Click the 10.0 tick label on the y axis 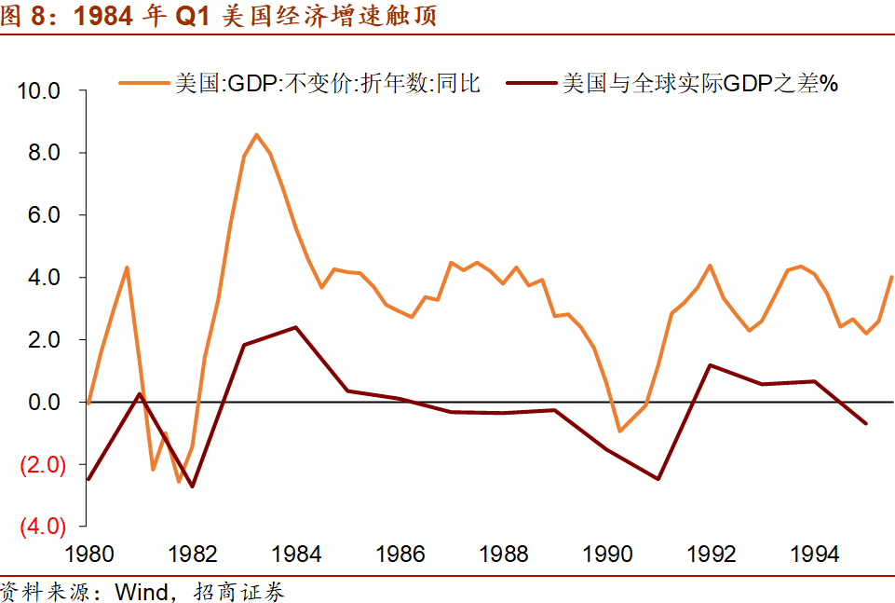pos(39,90)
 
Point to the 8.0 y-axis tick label pos(44,153)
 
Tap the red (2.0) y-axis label pos(43,465)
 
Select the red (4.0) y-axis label pos(43,526)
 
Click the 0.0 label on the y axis pos(44,402)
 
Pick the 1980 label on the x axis pos(89,554)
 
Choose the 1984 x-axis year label pos(296,554)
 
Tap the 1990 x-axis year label pos(607,554)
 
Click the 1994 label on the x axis pos(815,554)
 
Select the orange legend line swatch pos(144,83)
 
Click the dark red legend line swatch pos(532,83)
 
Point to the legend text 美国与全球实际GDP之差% pos(700,83)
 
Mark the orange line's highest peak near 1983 pos(256,135)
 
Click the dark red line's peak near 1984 pos(295,327)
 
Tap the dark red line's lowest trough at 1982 pos(193,487)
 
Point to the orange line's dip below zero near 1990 pos(620,431)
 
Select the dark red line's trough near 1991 pos(658,478)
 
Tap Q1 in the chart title pos(193,16)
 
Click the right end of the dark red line pos(866,423)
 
